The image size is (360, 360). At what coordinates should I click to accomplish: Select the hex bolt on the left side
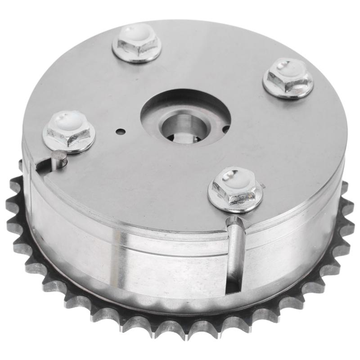coord(68,129)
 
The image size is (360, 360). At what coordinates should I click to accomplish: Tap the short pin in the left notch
coord(58,159)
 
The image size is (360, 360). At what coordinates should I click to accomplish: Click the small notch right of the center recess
coord(225,129)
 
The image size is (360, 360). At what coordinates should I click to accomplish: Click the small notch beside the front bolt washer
coord(263,185)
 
